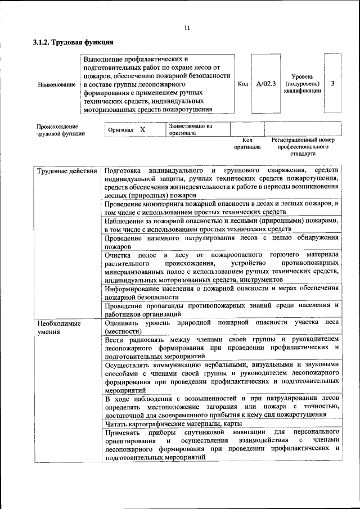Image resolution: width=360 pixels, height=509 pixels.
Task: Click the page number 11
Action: coord(187,28)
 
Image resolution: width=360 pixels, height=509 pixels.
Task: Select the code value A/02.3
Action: coord(265,84)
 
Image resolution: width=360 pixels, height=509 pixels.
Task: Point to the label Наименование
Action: coord(56,84)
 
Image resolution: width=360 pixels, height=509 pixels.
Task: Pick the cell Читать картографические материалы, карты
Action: coord(174,424)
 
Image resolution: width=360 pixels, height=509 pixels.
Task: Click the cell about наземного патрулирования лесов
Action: coord(222,241)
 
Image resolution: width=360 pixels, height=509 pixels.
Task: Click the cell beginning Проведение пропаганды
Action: coord(222,309)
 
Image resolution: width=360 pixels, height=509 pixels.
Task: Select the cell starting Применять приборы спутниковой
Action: coord(222,444)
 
